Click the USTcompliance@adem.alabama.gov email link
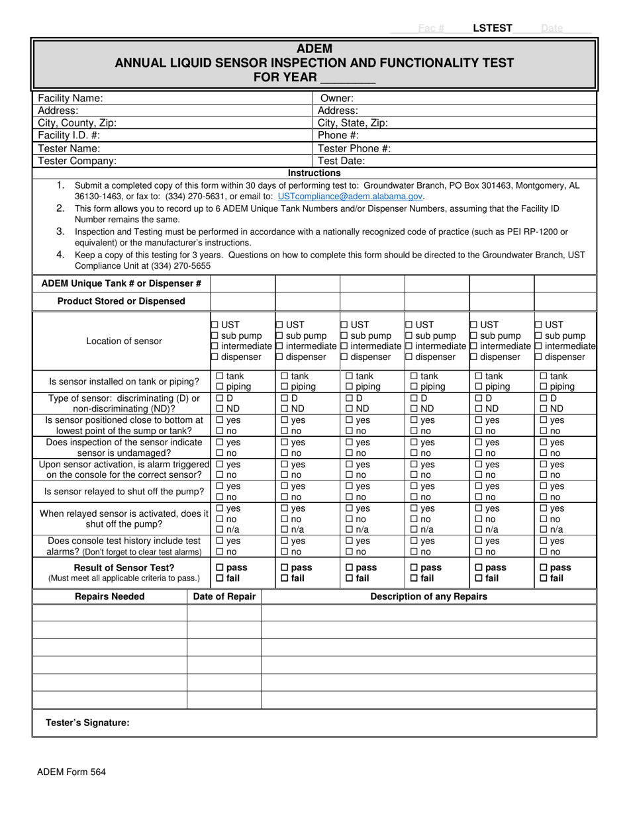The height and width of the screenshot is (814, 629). coord(350,197)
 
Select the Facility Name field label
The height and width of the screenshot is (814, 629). coord(70,98)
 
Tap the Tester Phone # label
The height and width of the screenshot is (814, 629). coord(354,148)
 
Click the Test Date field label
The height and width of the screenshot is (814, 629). coord(341,161)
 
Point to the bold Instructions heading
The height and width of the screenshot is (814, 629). coord(314,173)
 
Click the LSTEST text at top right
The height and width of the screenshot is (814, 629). coord(492,28)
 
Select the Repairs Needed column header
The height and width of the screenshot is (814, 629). coord(109,596)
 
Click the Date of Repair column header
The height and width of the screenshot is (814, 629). coord(224,596)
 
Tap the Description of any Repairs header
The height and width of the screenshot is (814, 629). coord(428,596)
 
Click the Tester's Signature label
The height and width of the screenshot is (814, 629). coord(87,723)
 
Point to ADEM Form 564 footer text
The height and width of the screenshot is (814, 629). coord(72,772)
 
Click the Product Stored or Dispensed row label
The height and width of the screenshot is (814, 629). coord(121,301)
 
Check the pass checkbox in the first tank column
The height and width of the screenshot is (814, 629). coord(220,568)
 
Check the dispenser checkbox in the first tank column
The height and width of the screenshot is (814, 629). coord(215,357)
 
